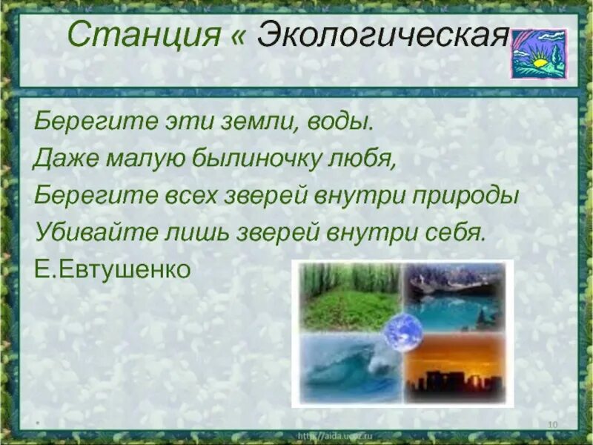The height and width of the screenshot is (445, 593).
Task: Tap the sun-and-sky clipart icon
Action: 538,53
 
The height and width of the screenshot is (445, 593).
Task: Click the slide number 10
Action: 552,423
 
